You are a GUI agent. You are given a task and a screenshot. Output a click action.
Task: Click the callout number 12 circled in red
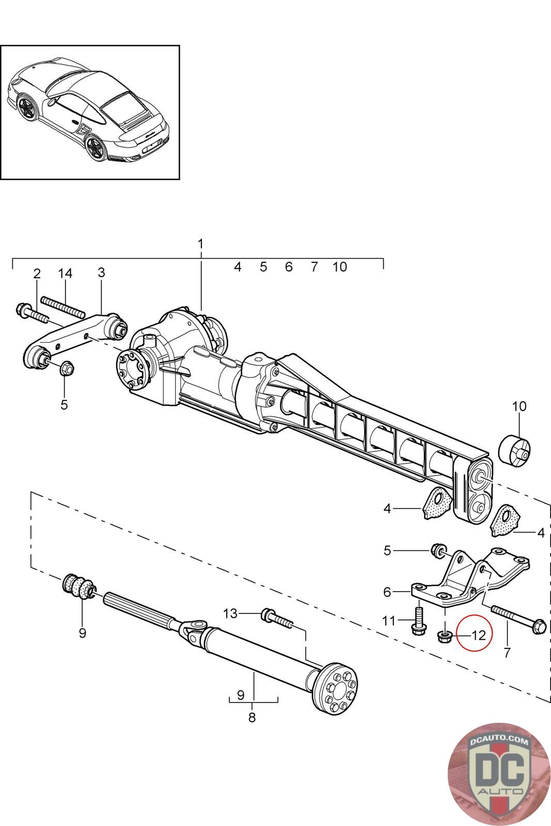click(x=479, y=635)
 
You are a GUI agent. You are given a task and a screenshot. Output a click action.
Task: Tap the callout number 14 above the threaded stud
click(x=65, y=273)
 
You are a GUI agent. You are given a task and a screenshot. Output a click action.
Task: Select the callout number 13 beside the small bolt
click(x=230, y=614)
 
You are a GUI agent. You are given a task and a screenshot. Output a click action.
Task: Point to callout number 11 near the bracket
click(x=389, y=622)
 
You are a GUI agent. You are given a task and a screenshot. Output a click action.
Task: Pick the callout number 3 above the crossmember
click(x=101, y=273)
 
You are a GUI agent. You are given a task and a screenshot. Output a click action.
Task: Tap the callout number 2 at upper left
click(x=37, y=274)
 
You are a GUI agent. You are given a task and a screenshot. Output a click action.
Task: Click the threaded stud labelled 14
click(x=62, y=307)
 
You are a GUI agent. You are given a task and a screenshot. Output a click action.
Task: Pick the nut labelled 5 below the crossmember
click(x=67, y=368)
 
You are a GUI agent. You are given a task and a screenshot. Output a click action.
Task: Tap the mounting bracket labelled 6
click(x=470, y=577)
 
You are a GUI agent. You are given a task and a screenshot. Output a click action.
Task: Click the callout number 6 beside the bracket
click(x=387, y=592)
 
